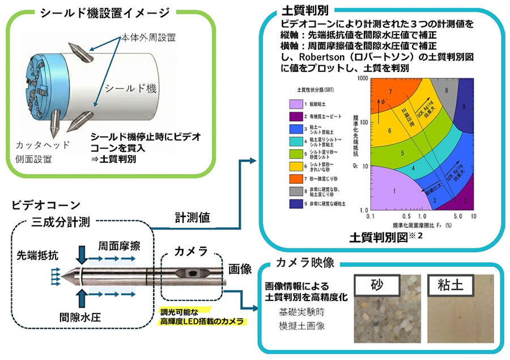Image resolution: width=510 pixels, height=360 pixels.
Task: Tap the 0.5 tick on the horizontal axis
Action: point(405,217)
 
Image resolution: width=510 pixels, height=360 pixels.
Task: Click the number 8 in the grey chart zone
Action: point(447,90)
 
